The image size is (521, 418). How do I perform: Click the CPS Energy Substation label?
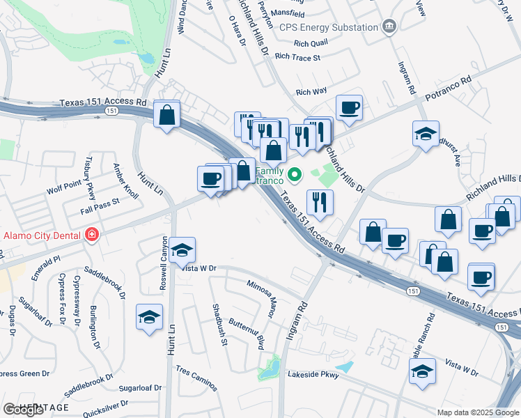[328, 27]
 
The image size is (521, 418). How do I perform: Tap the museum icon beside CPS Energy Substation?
[389, 27]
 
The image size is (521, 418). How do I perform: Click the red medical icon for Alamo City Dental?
[91, 235]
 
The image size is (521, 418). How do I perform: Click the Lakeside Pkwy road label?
[313, 375]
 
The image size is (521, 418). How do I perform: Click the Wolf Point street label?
[64, 186]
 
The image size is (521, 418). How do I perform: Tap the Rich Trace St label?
[297, 57]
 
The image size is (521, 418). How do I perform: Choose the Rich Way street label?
[311, 91]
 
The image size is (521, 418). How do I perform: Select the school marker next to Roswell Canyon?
[182, 249]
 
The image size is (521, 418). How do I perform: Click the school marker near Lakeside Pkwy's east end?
[422, 371]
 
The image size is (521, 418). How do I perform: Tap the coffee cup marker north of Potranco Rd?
[349, 107]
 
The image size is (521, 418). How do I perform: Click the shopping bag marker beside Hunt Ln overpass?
[167, 115]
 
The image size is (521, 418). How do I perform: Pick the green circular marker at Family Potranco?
[295, 174]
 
